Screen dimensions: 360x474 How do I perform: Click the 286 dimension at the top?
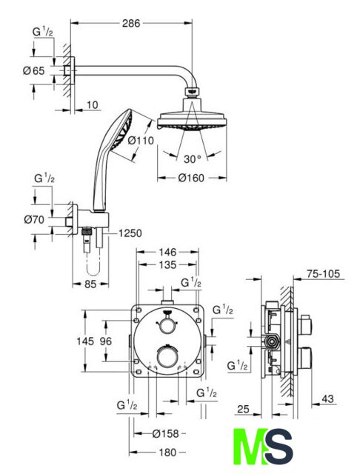pyautogui.click(x=131, y=23)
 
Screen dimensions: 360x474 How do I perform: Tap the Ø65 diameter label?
pyautogui.click(x=34, y=71)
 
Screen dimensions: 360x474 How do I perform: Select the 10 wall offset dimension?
pyautogui.click(x=93, y=105)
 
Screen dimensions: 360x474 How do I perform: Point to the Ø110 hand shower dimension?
pyautogui.click(x=141, y=140)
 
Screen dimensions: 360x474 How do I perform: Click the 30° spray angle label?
pyautogui.click(x=193, y=159)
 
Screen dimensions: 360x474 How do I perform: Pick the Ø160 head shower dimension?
pyautogui.click(x=191, y=178)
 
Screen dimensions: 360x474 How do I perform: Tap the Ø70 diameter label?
pyautogui.click(x=34, y=219)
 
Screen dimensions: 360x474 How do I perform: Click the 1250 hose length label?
pyautogui.click(x=130, y=233)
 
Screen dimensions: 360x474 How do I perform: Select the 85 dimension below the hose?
pyautogui.click(x=90, y=284)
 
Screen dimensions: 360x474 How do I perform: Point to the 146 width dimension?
pyautogui.click(x=167, y=252)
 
